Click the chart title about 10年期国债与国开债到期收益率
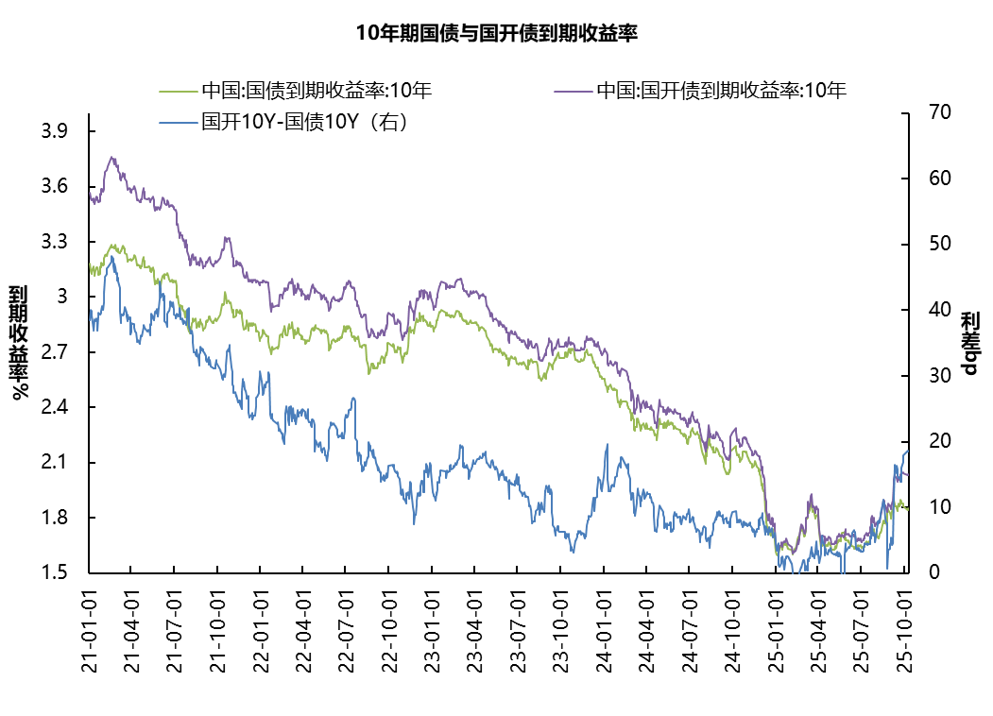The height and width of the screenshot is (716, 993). [497, 34]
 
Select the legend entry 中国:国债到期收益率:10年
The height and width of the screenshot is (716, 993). [316, 92]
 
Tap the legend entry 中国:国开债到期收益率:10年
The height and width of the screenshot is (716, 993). [720, 92]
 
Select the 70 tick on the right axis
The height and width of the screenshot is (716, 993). [926, 112]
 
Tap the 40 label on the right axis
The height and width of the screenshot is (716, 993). [926, 310]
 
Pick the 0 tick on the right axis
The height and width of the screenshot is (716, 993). [921, 572]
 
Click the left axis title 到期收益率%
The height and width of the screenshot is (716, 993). [19, 342]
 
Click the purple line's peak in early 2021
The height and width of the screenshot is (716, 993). [112, 158]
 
